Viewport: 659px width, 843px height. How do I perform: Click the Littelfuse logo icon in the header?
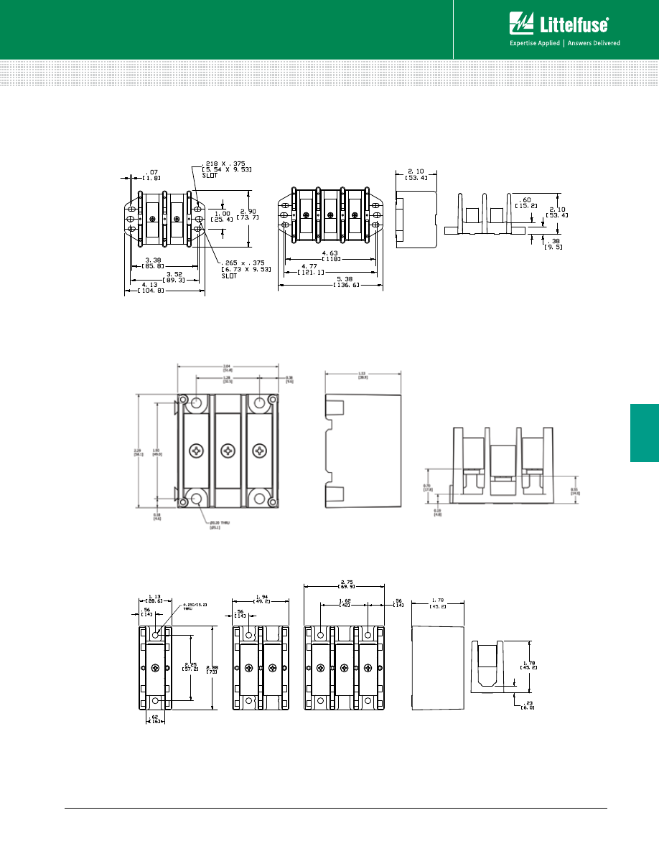(x=521, y=24)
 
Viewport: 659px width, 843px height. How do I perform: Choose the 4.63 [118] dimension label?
(x=330, y=256)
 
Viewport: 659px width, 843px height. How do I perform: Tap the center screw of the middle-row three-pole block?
(x=228, y=451)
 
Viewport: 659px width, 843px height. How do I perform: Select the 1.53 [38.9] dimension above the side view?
(x=363, y=375)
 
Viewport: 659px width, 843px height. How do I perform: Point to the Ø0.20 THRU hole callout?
(x=214, y=524)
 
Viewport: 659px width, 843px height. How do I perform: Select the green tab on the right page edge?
(x=645, y=433)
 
